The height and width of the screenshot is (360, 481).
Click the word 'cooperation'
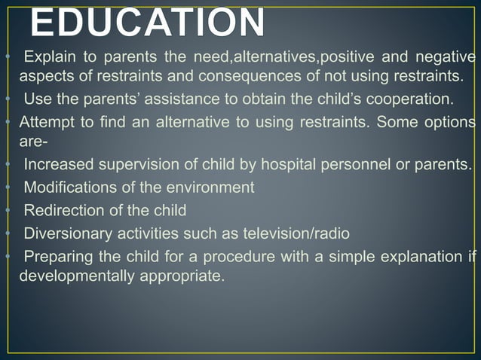(413, 99)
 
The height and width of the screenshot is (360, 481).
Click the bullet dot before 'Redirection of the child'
(6, 209)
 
